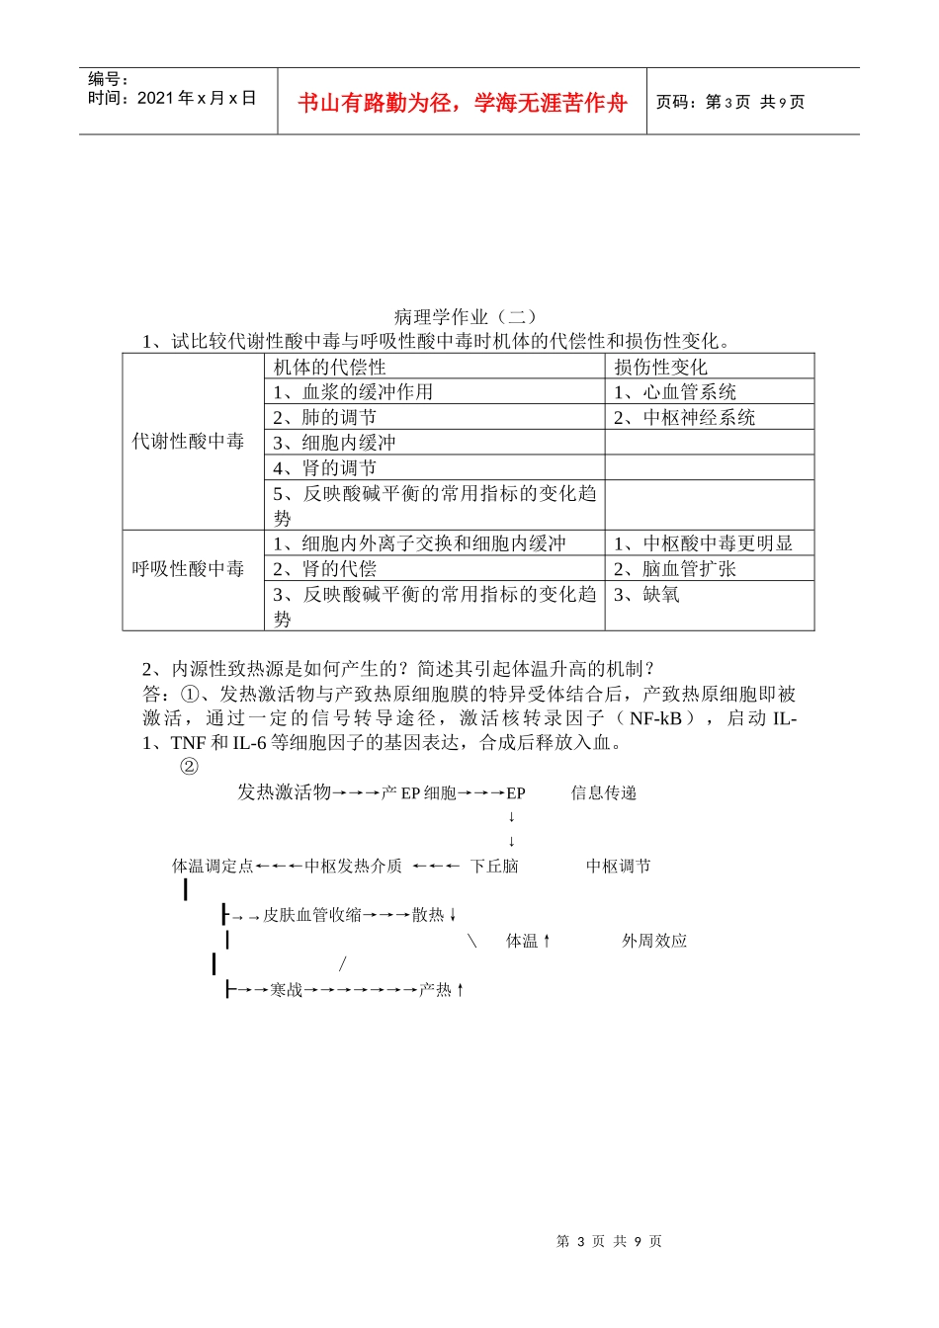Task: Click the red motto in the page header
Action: point(462,103)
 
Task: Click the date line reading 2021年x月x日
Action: point(172,98)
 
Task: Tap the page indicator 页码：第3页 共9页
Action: point(730,102)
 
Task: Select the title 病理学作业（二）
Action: point(466,317)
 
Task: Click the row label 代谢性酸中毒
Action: point(188,442)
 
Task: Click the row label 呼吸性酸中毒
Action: point(188,569)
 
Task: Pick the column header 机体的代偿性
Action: point(329,368)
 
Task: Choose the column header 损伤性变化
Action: point(660,368)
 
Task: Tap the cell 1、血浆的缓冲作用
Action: point(353,392)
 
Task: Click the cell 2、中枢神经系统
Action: point(684,418)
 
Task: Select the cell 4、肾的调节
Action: point(324,468)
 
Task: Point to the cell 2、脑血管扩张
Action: point(675,569)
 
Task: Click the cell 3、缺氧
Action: point(646,595)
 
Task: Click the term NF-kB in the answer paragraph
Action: point(655,719)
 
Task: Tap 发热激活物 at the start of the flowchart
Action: point(284,792)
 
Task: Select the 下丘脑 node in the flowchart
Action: point(494,867)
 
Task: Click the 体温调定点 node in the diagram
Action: point(213,867)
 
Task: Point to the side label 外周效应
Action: point(654,941)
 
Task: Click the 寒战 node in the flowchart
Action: point(287,989)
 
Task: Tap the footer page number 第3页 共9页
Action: point(609,1241)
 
